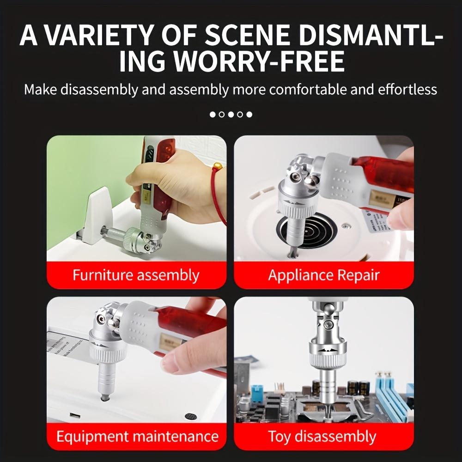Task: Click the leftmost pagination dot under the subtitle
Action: tap(213, 114)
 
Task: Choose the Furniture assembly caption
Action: tap(136, 275)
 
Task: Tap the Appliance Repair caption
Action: tap(323, 275)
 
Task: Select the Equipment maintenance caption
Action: tap(137, 436)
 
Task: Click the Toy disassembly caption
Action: tap(322, 436)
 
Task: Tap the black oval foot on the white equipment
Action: tap(190, 416)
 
